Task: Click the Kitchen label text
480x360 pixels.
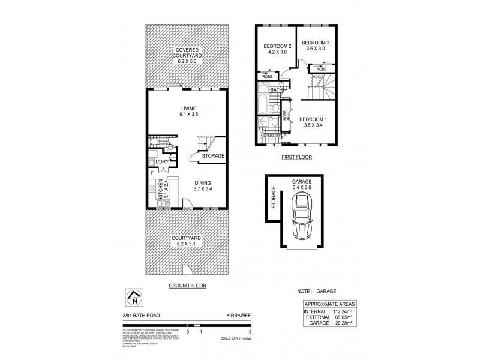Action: (x=160, y=190)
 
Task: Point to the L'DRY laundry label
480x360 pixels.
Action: (x=161, y=162)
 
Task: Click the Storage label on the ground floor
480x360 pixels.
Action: (x=212, y=156)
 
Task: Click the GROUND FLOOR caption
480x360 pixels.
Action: (x=187, y=286)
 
